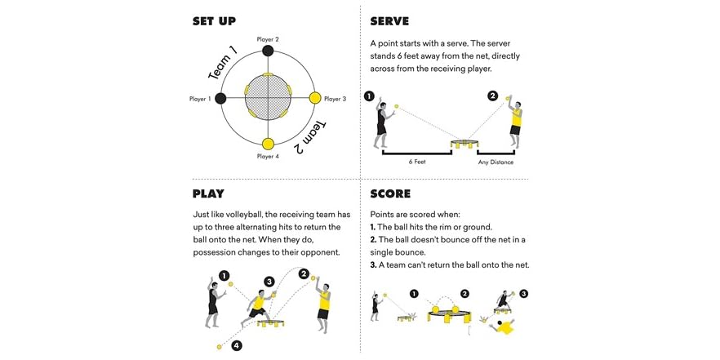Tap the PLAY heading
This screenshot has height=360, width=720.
click(x=208, y=193)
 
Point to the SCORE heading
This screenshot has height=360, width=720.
click(x=390, y=193)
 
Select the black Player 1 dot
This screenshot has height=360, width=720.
click(x=220, y=99)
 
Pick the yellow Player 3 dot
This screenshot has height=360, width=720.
click(x=315, y=99)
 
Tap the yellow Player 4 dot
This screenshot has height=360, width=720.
click(x=267, y=145)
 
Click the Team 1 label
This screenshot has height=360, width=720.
click(x=222, y=63)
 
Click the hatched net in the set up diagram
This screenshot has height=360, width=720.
click(x=267, y=99)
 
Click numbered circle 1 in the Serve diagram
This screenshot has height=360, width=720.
click(x=369, y=96)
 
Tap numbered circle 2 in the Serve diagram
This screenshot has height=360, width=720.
click(x=492, y=96)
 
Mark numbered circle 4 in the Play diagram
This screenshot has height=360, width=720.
click(x=236, y=345)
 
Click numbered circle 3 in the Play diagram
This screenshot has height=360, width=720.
click(x=269, y=282)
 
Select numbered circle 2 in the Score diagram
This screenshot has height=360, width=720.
click(x=464, y=294)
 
